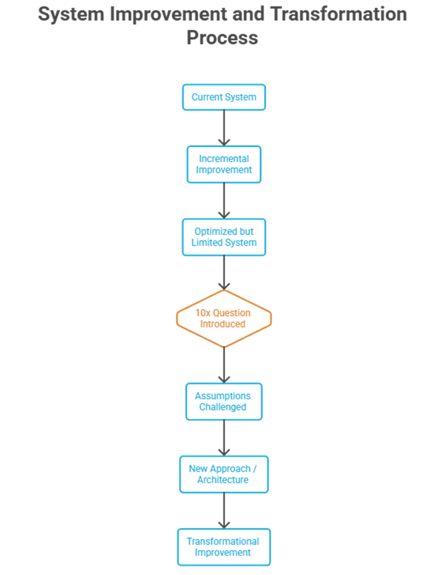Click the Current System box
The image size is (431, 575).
(x=224, y=97)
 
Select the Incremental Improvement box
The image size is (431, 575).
(x=224, y=164)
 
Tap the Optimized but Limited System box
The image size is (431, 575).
(x=224, y=237)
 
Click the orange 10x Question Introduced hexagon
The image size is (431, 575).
(x=224, y=319)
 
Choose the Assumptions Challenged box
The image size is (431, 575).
(x=224, y=401)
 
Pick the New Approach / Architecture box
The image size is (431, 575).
(x=224, y=474)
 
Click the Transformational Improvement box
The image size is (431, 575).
(x=224, y=547)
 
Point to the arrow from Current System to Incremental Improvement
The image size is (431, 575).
(x=224, y=128)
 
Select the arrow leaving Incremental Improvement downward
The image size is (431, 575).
(x=224, y=200)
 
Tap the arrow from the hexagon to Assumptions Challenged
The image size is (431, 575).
(x=224, y=365)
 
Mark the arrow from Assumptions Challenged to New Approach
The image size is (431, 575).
(x=224, y=437)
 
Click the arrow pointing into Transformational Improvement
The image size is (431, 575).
(x=224, y=510)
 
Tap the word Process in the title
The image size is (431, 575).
(x=222, y=37)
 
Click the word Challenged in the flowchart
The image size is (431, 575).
(x=224, y=408)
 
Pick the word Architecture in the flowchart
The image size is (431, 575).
(x=224, y=480)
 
